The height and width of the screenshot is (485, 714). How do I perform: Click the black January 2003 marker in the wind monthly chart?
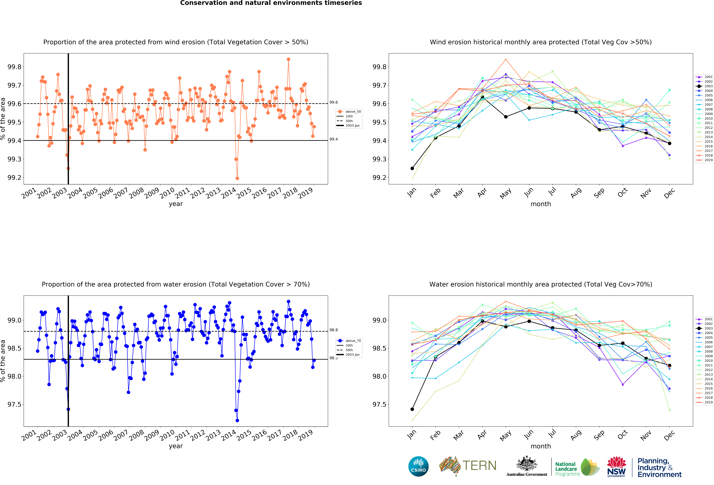coord(412,168)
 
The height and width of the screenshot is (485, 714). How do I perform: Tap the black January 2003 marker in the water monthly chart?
coord(412,409)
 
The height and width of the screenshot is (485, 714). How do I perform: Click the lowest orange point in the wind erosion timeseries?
coord(237,178)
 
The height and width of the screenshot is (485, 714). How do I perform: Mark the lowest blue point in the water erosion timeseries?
coord(237,421)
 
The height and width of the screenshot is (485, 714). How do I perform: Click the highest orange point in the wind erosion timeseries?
coord(288,59)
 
